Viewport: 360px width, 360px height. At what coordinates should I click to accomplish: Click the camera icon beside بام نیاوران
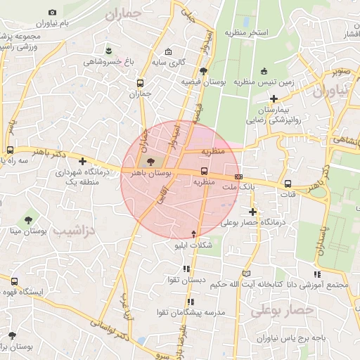pos(53,13)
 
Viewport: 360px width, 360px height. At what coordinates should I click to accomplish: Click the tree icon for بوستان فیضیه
pos(203,70)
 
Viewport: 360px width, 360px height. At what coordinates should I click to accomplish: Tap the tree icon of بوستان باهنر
pos(152,161)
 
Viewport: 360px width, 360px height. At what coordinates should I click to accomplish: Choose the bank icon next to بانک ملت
pos(238,176)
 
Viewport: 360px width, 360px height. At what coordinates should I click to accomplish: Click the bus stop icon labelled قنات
pos(288,184)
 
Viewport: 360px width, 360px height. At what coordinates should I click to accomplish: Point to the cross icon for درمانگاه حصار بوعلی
pos(252,212)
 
